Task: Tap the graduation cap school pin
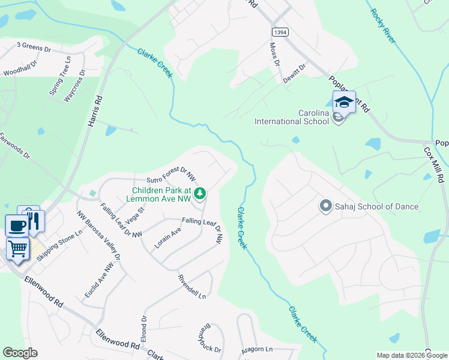coord(344,102)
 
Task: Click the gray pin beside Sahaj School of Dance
coord(326,206)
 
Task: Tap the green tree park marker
coord(201,193)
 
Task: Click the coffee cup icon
coord(17,226)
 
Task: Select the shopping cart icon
coord(18,247)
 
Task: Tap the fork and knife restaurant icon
coord(34,220)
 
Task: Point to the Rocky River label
coord(383,26)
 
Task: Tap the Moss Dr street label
coord(274,54)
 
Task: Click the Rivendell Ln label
coord(191,287)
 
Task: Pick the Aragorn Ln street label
coord(257,349)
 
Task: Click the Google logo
coord(20,353)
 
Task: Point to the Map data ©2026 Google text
coord(412,355)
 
